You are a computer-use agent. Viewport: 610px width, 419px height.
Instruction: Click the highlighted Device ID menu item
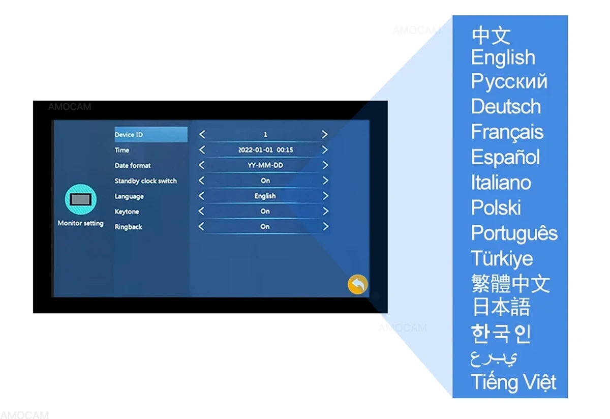point(151,134)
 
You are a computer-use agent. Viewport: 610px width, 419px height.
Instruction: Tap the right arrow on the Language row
point(325,196)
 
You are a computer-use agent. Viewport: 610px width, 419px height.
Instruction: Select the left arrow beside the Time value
point(202,149)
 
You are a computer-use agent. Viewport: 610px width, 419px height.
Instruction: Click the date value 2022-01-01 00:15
point(265,150)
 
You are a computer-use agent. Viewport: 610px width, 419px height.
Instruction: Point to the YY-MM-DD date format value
point(265,165)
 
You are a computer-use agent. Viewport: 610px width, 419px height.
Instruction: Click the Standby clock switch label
point(145,181)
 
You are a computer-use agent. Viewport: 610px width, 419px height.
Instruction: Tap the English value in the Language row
point(265,196)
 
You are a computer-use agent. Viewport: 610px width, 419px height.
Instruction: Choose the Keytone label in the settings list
point(127,212)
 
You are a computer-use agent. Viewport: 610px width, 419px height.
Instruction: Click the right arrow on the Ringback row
point(325,226)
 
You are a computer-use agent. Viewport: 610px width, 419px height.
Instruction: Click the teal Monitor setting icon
point(81,199)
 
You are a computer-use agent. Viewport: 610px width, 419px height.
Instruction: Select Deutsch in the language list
point(506,106)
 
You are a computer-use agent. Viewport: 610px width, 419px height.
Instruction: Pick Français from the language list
point(507,132)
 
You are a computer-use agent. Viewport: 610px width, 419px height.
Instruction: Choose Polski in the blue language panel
point(496,207)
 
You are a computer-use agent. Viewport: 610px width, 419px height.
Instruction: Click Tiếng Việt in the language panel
point(513,382)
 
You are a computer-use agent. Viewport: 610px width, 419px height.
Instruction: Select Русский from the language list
point(509,82)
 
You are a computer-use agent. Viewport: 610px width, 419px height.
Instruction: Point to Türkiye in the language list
point(502,259)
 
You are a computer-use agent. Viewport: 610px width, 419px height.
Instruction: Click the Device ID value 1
point(265,135)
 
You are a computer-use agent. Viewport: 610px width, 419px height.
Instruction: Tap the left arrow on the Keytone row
point(201,211)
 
